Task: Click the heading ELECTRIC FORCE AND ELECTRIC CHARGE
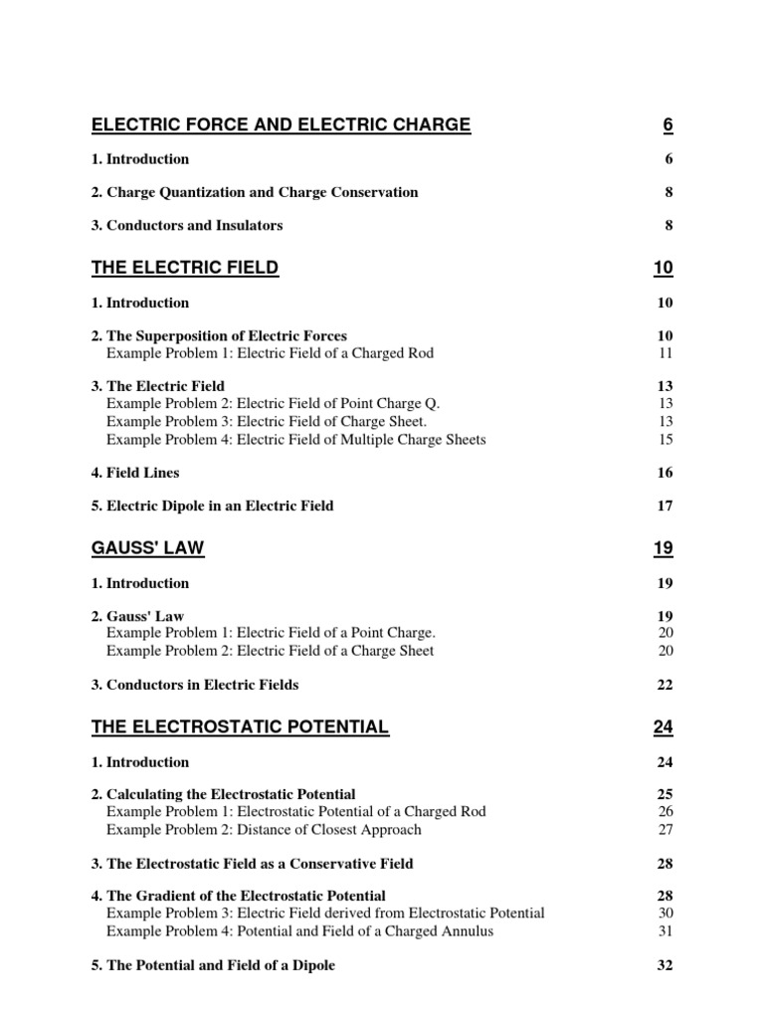coord(282,124)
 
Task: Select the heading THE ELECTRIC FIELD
coord(185,268)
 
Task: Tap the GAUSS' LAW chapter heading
coord(148,548)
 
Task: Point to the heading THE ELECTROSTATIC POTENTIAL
coord(240,727)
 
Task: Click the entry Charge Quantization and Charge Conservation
coord(255,192)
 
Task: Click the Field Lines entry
coord(135,473)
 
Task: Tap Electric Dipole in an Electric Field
coord(213,506)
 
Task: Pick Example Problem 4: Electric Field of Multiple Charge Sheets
coord(295,439)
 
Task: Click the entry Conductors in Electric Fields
coord(195,685)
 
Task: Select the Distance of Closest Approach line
coord(264,829)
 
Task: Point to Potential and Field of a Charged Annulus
coord(299,931)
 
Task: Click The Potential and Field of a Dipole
coord(213,965)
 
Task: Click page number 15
coord(666,439)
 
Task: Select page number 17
coord(666,506)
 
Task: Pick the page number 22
coord(666,685)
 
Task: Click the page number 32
coord(666,965)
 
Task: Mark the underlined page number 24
coord(664,727)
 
